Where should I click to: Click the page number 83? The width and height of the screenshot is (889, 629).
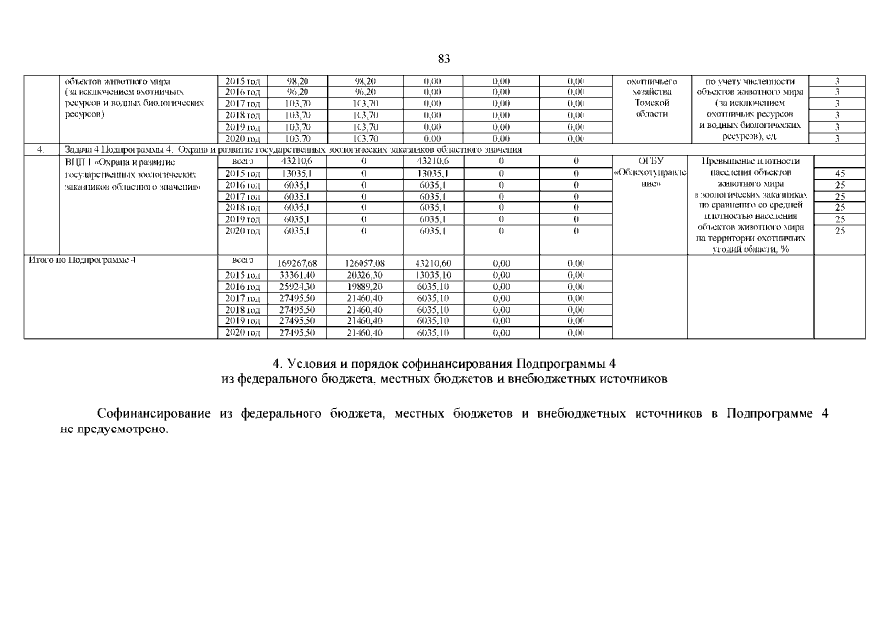click(444, 59)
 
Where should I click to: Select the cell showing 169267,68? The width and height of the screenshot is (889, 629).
click(296, 262)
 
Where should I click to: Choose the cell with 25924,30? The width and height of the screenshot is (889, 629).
click(296, 286)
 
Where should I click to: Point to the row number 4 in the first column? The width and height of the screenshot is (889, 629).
click(38, 149)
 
